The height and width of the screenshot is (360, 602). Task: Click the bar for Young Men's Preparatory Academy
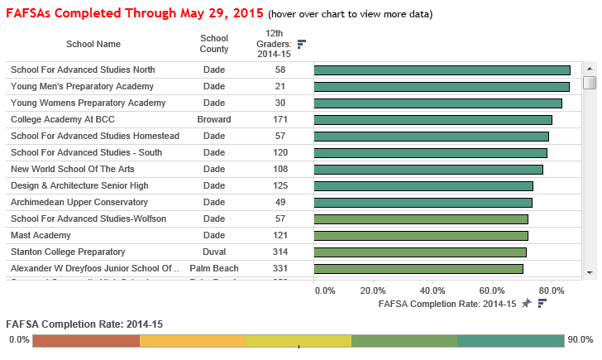point(442,87)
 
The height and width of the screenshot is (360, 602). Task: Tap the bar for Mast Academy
point(421,236)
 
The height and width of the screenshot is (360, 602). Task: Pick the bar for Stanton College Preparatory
point(420,252)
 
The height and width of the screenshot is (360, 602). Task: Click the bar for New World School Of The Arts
point(428,170)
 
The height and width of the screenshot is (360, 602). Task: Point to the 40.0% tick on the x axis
point(432,290)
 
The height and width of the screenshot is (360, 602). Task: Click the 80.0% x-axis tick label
point(552,290)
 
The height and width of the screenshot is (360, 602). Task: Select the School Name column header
point(93,44)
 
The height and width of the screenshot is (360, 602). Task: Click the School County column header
point(214,44)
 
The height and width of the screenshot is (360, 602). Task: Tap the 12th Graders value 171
point(280,120)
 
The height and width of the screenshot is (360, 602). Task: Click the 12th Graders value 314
point(280,252)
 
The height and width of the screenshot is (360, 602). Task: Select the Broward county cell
point(214,120)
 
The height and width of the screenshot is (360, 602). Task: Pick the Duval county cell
point(214,252)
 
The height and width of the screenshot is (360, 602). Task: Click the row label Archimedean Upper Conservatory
point(79,203)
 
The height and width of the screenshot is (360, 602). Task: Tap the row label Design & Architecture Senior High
point(79,186)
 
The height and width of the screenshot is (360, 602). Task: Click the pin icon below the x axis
point(527,304)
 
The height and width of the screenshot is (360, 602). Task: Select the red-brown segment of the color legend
point(86,341)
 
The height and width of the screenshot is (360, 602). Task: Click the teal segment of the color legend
point(510,341)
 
